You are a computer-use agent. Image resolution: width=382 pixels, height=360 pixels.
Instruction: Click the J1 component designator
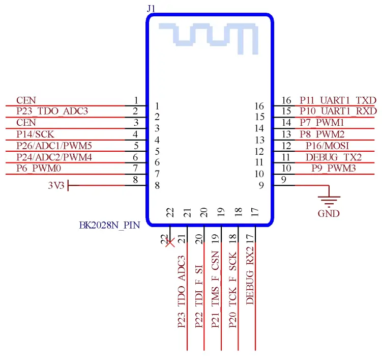coord(151,8)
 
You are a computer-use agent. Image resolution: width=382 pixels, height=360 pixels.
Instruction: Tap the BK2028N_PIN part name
coord(109,225)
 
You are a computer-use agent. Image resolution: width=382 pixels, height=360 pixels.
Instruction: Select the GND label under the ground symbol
coord(328,213)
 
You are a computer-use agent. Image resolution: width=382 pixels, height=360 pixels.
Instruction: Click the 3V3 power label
coord(56,186)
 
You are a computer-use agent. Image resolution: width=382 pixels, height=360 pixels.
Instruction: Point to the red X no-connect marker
coord(170,242)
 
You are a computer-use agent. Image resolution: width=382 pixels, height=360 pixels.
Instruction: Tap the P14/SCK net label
coord(34,134)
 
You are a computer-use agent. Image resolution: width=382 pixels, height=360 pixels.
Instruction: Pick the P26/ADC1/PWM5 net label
coord(54,146)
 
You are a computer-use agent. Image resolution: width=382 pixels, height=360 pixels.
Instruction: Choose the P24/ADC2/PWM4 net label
coord(54,157)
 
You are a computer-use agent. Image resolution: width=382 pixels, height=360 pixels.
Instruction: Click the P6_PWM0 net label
coord(38,168)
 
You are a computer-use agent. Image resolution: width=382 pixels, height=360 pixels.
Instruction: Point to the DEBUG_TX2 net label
coord(334,157)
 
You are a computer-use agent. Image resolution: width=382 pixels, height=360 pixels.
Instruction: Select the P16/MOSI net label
coord(328,146)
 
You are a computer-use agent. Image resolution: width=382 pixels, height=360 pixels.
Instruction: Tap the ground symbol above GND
coord(328,199)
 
